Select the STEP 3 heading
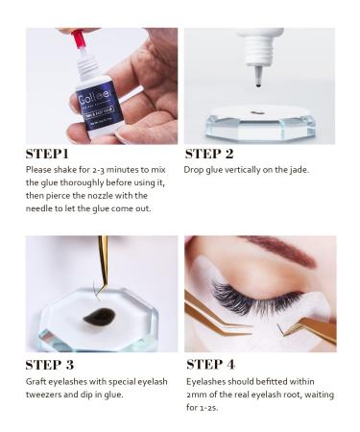tap(54, 364)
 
